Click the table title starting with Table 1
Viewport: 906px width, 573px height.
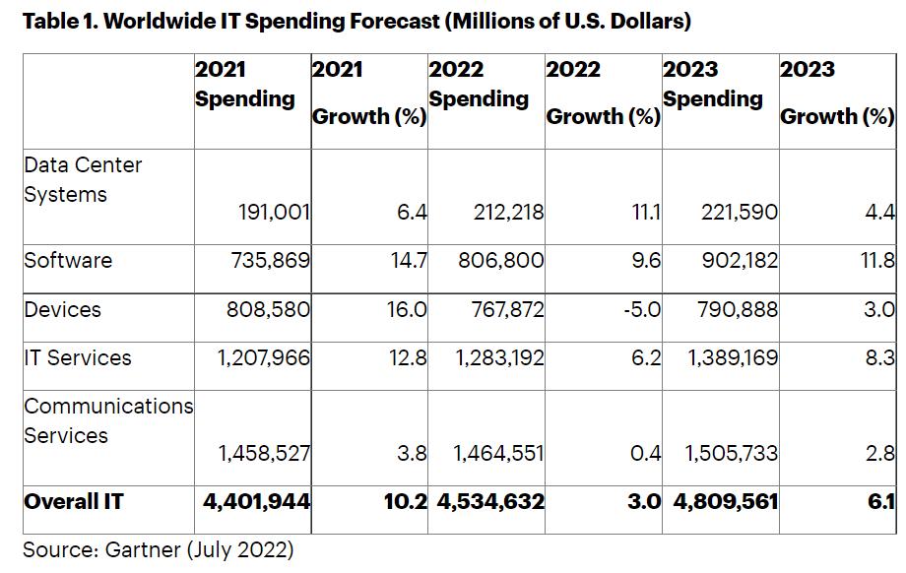(356, 21)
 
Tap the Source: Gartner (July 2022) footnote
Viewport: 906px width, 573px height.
(159, 549)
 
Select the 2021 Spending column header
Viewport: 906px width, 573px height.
(244, 85)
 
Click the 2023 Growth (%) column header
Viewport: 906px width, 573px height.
(836, 94)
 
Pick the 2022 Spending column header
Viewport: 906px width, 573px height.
(479, 85)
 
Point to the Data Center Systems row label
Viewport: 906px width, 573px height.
(83, 179)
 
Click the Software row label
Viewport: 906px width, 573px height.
(68, 260)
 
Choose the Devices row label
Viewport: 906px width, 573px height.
(62, 309)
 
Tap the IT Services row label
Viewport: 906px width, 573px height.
(78, 357)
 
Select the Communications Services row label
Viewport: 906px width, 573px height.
(108, 420)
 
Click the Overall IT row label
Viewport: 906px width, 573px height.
(74, 501)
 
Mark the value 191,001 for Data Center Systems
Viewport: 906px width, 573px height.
(275, 212)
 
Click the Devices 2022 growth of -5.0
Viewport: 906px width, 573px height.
(641, 309)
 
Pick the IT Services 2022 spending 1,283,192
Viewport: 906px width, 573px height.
(499, 357)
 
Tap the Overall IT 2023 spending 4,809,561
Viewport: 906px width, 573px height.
(726, 501)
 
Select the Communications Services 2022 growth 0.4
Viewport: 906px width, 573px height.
(646, 453)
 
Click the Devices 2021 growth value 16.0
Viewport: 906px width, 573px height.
(407, 309)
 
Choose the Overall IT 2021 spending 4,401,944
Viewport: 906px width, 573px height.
(256, 501)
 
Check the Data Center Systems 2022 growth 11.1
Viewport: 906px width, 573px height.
(645, 212)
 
